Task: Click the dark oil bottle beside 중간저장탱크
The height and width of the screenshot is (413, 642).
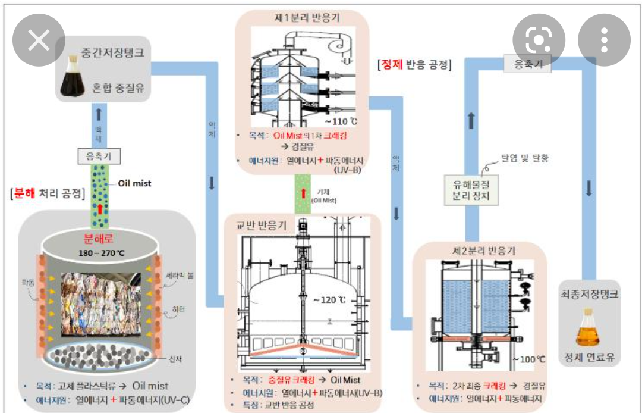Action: [x=73, y=77]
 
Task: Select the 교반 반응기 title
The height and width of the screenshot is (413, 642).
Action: [x=262, y=226]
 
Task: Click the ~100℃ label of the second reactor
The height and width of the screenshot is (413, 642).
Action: [x=528, y=359]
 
